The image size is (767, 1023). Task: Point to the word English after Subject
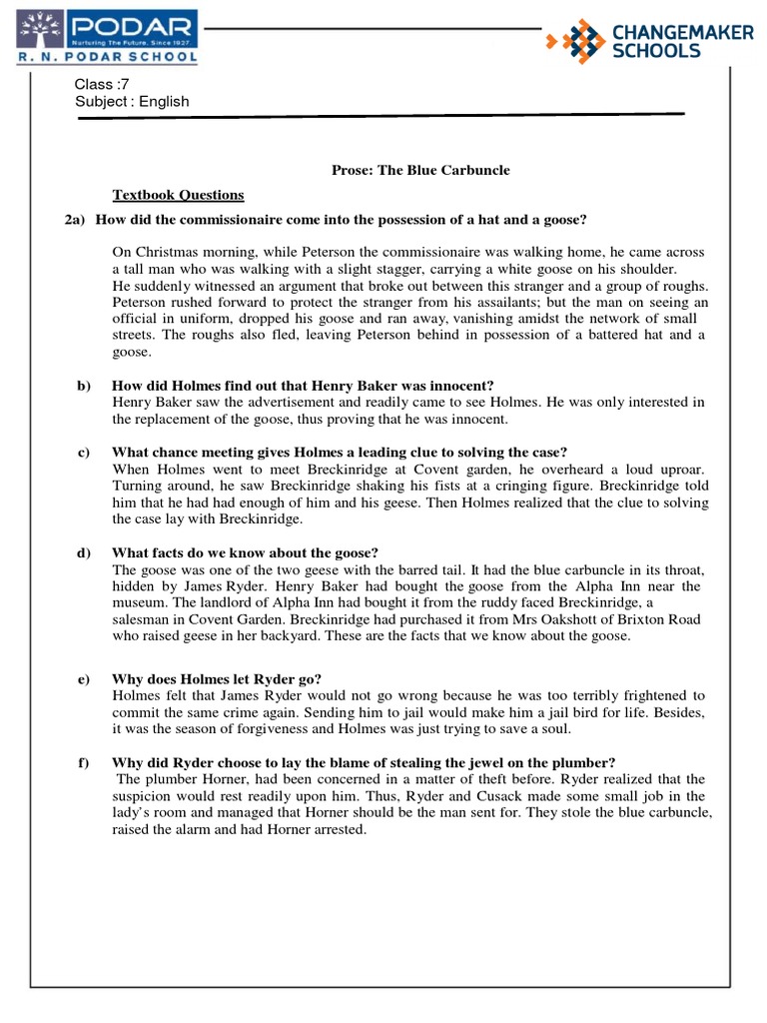tap(164, 101)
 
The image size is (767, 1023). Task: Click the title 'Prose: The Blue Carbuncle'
tap(420, 170)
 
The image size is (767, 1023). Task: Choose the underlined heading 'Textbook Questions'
tap(177, 195)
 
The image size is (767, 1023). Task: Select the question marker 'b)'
tap(85, 386)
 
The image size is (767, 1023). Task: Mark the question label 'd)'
tap(85, 552)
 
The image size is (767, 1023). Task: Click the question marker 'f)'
tap(84, 762)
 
